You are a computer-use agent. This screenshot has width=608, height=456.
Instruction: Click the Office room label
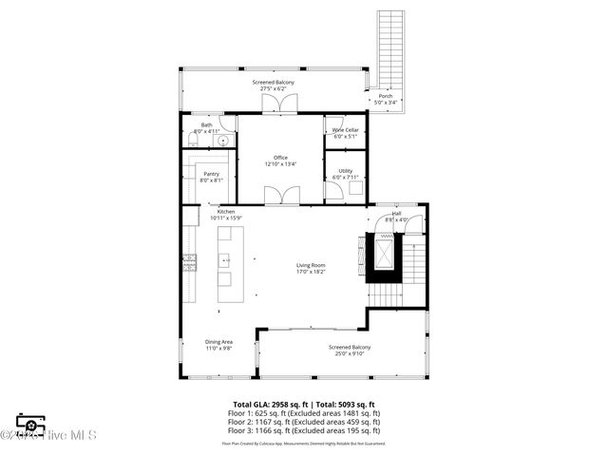point(280,158)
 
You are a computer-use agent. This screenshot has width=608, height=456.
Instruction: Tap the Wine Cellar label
point(345,129)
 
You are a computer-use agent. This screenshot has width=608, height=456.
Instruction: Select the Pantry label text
point(212,173)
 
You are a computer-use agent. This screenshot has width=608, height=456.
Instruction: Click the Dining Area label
point(218,342)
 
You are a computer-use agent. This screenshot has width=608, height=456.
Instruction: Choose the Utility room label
point(345,171)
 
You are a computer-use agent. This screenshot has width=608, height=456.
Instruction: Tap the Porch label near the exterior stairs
point(385,96)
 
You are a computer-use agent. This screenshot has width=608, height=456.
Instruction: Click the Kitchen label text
point(211,212)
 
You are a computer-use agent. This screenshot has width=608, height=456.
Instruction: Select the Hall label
point(396,214)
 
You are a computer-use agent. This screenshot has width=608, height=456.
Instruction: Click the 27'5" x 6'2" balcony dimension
point(274,88)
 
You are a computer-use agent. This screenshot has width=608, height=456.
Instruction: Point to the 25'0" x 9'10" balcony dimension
point(350,353)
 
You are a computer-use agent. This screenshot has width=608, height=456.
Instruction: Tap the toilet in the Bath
point(193,141)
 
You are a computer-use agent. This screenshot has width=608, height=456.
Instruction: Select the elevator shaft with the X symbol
point(383,253)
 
